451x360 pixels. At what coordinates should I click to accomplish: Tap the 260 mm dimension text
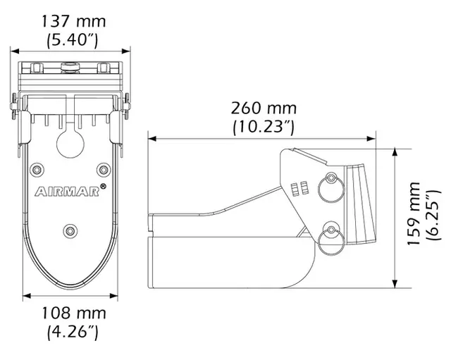click(263, 108)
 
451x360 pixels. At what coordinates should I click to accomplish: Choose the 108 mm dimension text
click(71, 312)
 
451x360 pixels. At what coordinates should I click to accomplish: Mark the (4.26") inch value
click(71, 330)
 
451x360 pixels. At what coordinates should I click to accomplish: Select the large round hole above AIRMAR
click(70, 143)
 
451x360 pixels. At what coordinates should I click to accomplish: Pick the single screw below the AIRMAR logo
click(70, 230)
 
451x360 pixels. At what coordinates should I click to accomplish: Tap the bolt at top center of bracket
click(70, 68)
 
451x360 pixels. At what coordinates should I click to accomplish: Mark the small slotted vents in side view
click(299, 188)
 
